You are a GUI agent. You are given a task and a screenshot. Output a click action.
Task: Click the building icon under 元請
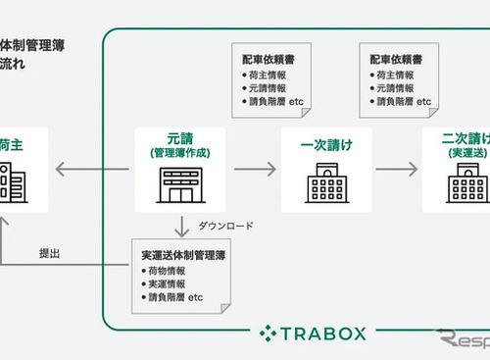pyautogui.click(x=177, y=184)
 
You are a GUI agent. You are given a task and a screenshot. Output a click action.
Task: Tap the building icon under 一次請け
pyautogui.click(x=324, y=184)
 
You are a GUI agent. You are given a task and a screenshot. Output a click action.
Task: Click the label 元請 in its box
pyautogui.click(x=177, y=140)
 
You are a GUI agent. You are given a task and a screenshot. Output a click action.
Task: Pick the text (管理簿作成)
pyautogui.click(x=177, y=154)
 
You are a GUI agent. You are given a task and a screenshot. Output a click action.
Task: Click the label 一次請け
pyautogui.click(x=324, y=146)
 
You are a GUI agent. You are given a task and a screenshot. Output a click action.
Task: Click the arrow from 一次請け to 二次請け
pyautogui.click(x=397, y=170)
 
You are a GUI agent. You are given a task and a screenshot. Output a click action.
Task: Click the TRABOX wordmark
pyautogui.click(x=324, y=334)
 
